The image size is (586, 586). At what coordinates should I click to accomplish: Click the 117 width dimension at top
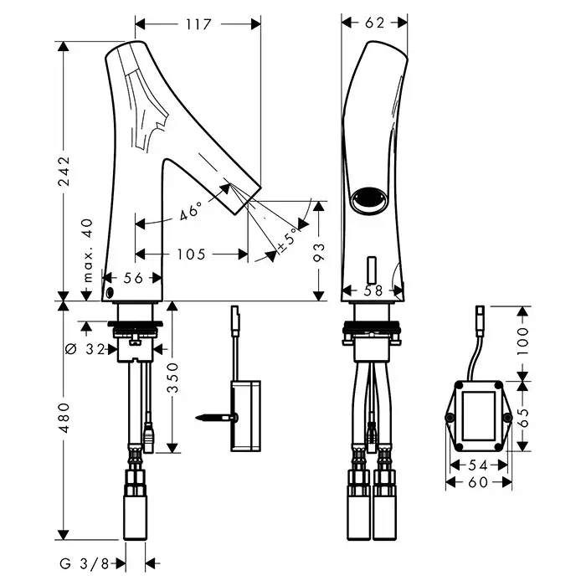pos(198,24)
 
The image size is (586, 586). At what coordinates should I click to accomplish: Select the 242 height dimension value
pos(66,172)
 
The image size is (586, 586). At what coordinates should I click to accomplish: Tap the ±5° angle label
pos(287,239)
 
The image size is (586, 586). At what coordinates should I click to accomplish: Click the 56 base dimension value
pos(132,279)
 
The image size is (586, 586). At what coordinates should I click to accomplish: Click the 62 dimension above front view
pos(374,23)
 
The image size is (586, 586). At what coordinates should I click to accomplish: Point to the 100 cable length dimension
pos(524,342)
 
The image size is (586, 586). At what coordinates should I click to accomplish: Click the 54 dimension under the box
pos(477,465)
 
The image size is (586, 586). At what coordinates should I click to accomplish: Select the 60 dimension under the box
pos(477,483)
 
